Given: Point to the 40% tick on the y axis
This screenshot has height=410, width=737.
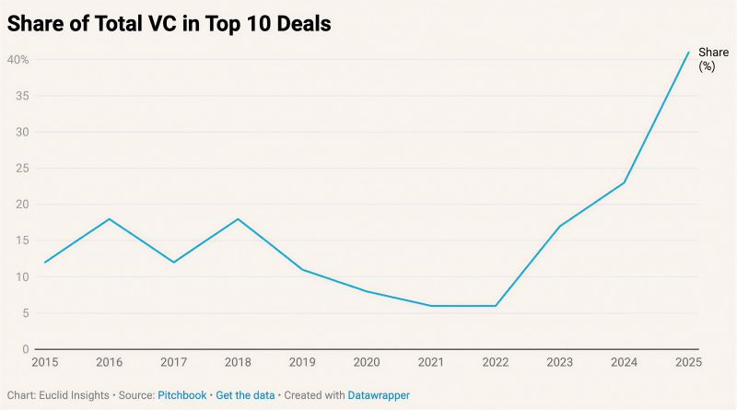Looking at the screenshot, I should [x=18, y=60].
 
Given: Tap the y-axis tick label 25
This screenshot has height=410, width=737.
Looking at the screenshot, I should [x=22, y=169].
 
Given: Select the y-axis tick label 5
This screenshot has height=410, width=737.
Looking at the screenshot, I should [x=25, y=313].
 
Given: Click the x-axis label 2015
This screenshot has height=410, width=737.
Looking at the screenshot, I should [x=44, y=363].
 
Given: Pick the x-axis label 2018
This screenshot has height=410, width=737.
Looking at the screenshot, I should [x=239, y=363].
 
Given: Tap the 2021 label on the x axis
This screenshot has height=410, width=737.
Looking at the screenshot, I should [x=432, y=363].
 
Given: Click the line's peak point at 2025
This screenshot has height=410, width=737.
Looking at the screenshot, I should [x=688, y=53].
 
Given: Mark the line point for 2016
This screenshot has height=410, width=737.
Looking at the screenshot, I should [x=110, y=219].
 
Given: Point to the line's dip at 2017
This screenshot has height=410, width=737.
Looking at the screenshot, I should [x=174, y=263].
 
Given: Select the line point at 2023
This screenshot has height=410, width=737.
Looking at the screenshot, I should [x=560, y=227].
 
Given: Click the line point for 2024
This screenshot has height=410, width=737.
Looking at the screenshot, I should [x=625, y=182].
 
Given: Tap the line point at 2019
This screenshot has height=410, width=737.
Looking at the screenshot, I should [x=303, y=270].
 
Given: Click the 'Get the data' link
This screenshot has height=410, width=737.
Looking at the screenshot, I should [x=245, y=395].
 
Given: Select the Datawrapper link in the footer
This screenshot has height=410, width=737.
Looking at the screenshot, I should [x=379, y=395].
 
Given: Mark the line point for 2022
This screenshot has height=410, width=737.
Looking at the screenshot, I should [x=496, y=306].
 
